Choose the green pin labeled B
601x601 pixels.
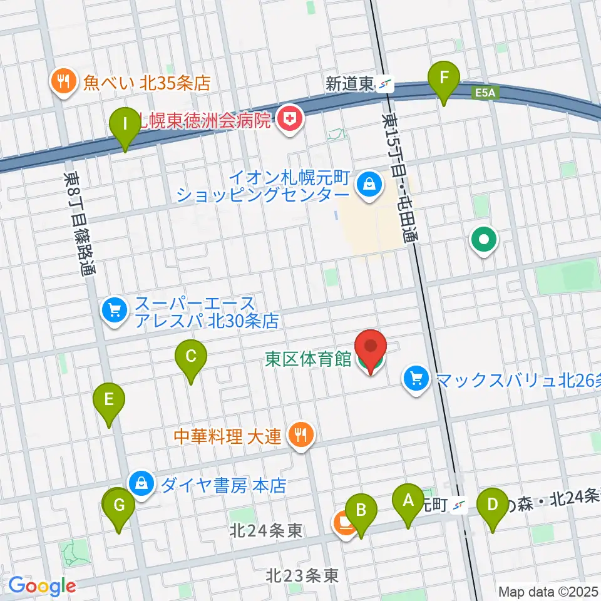[x=361, y=510]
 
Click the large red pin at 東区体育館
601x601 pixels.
[x=371, y=348]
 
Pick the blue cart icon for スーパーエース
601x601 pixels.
[x=114, y=309]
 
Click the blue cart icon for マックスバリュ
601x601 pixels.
[x=415, y=379]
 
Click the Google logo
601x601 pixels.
[x=41, y=586]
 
